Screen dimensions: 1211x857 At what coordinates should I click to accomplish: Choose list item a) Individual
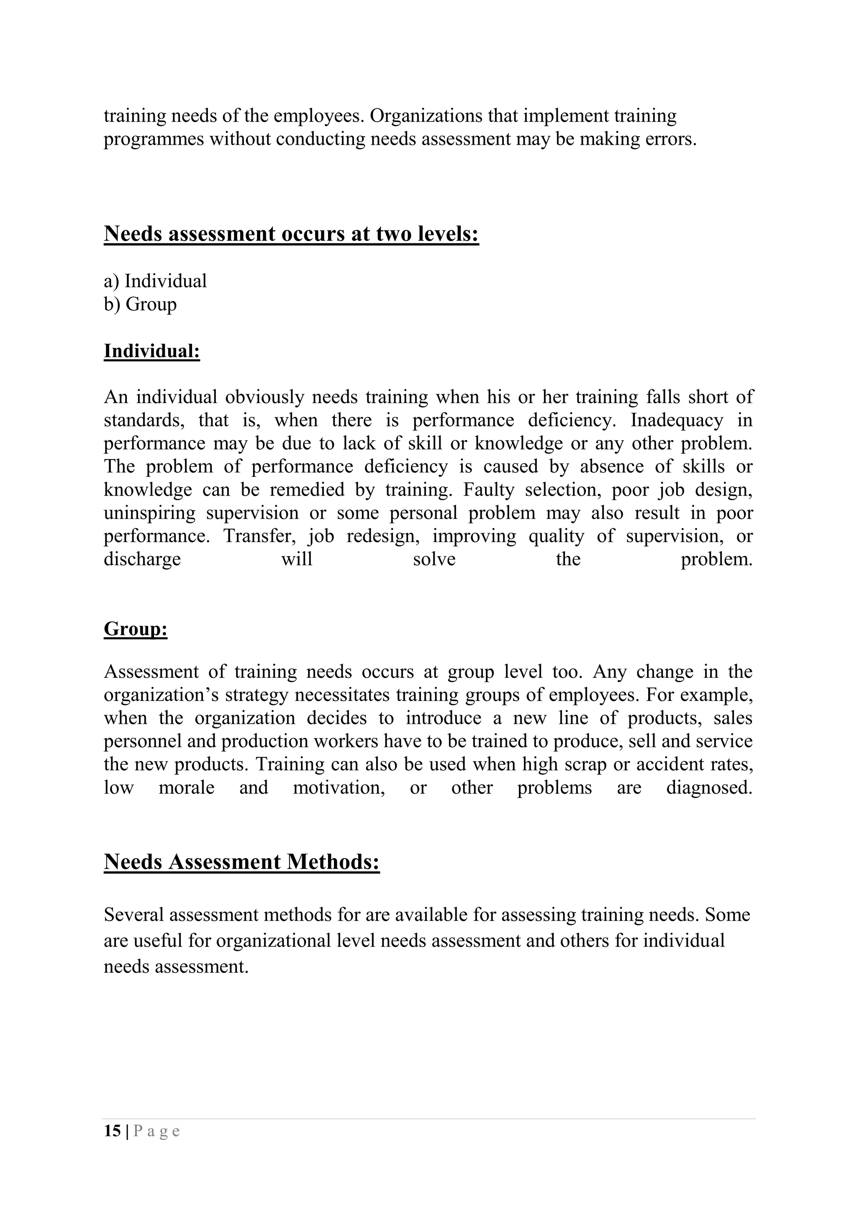pyautogui.click(x=155, y=281)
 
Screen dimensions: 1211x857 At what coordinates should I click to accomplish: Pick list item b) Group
pyautogui.click(x=140, y=304)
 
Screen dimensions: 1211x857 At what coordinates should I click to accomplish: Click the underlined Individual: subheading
pyautogui.click(x=152, y=351)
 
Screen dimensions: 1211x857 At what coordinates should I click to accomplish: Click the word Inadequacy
pyautogui.click(x=677, y=420)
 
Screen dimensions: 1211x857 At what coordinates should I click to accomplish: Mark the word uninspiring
pyautogui.click(x=149, y=513)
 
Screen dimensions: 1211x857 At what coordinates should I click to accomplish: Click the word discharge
pyautogui.click(x=142, y=559)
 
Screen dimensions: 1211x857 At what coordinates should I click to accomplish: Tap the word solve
pyautogui.click(x=434, y=559)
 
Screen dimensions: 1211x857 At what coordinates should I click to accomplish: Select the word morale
pyautogui.click(x=186, y=788)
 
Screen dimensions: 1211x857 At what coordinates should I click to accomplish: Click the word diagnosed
pyautogui.click(x=709, y=788)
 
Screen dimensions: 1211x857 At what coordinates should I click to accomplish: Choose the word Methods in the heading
pyautogui.click(x=333, y=862)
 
